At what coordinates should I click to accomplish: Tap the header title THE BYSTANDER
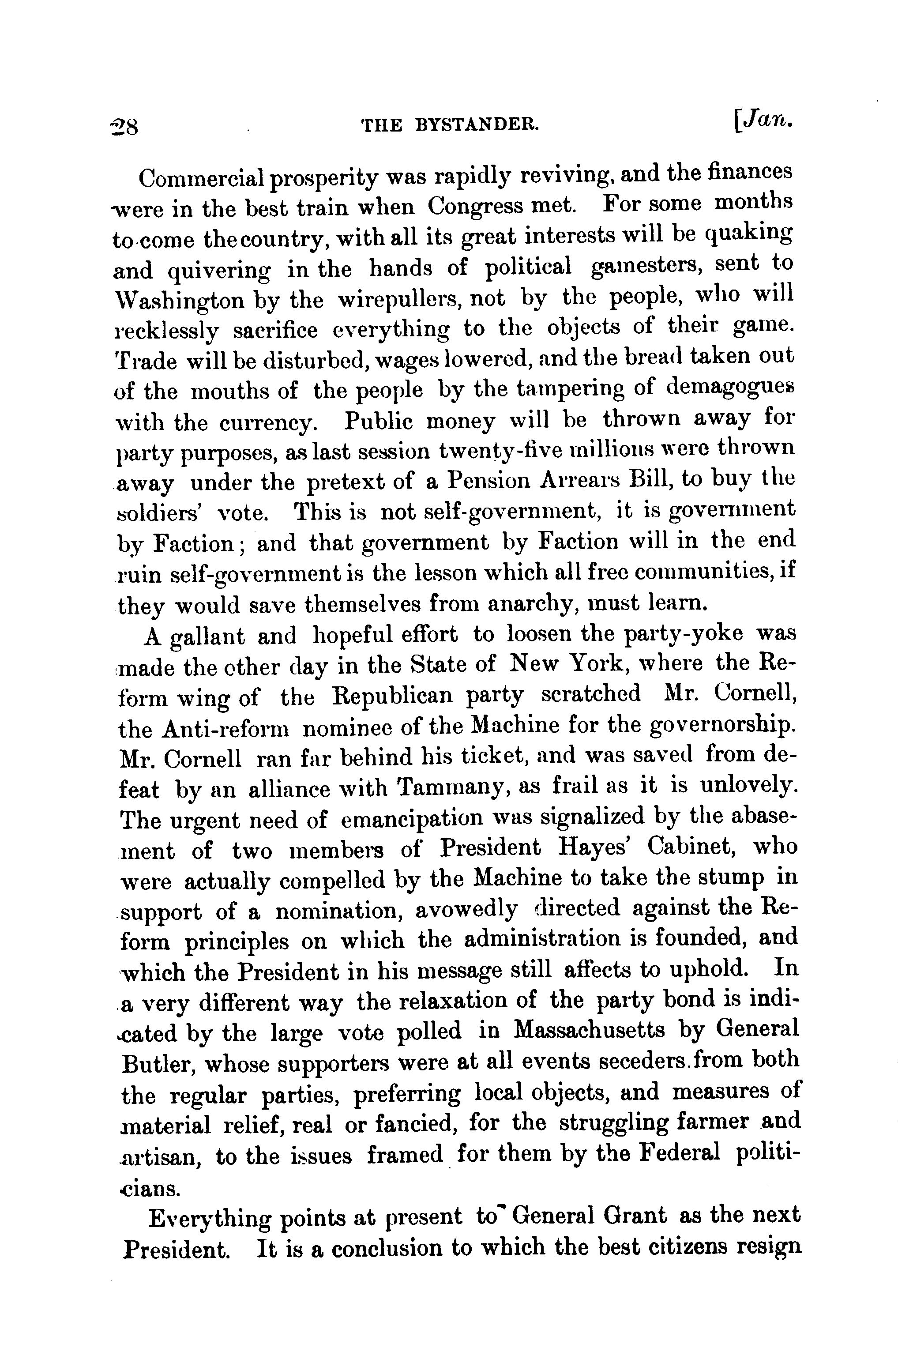[450, 125]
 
